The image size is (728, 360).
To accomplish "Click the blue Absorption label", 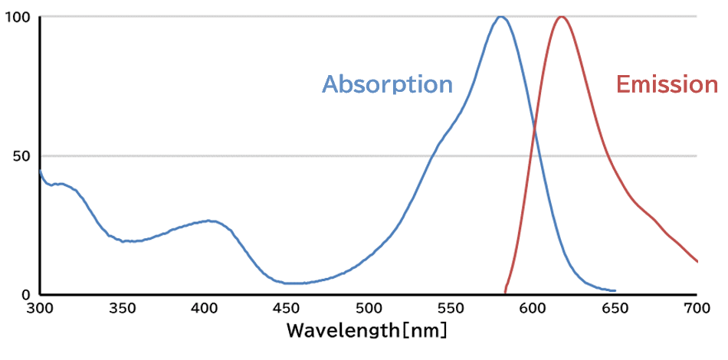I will tap(387, 84).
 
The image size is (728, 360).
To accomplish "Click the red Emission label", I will tap(667, 84).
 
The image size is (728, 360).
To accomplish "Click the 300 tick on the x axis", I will tap(40, 309).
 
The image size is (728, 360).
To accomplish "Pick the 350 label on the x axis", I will tap(122, 309).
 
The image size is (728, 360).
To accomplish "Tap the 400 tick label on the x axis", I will tap(204, 309).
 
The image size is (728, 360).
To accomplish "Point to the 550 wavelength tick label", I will tap(451, 309).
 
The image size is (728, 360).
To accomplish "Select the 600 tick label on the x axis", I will tap(533, 309).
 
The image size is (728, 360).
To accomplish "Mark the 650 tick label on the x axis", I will tap(615, 309).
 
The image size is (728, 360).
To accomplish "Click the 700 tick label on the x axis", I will tap(697, 309).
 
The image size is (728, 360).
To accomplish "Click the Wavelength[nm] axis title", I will tap(366, 332).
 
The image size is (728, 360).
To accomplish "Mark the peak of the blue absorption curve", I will tap(500, 16).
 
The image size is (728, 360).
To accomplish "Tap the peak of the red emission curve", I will tap(562, 16).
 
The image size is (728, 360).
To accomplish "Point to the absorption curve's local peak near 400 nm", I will tap(208, 221).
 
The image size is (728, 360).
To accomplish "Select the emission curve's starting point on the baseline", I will tap(505, 291).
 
